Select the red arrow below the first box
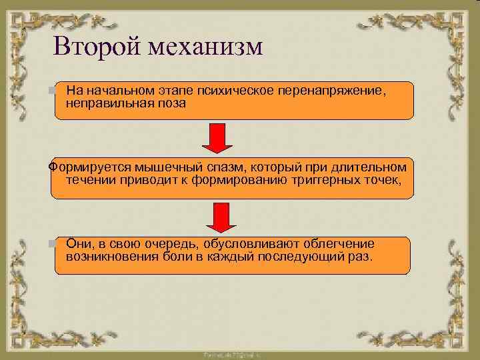tap(217, 138)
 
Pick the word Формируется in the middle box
tap(83, 166)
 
